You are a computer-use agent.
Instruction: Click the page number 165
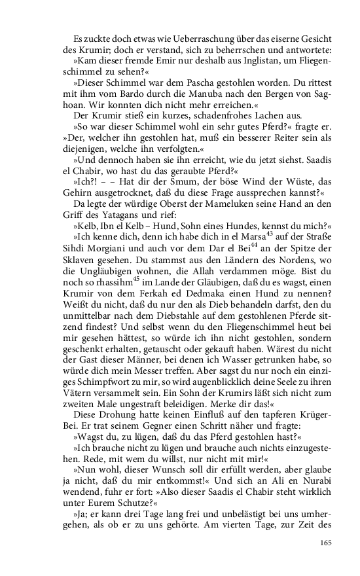[x=326, y=541]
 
